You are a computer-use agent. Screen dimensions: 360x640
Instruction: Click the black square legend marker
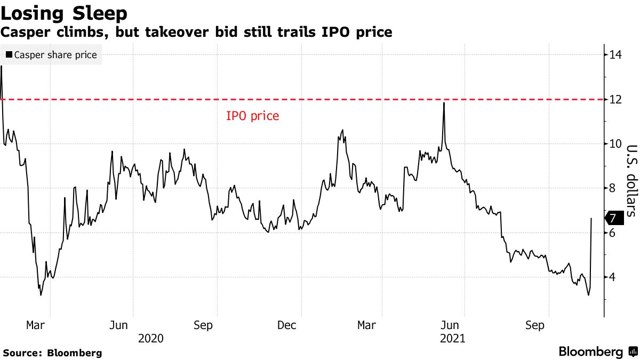coord(9,55)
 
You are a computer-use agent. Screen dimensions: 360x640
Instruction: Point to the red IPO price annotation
coord(252,116)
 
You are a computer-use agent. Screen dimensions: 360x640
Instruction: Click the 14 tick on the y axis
coord(616,54)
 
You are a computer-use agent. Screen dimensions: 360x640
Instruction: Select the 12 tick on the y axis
coord(616,99)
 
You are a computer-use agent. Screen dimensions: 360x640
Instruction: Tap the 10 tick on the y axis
coord(616,143)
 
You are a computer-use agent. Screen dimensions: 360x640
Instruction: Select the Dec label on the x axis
coord(287,325)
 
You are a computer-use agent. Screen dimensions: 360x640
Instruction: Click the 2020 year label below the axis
coord(150,339)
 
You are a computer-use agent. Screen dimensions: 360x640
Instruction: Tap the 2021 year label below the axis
coord(452,339)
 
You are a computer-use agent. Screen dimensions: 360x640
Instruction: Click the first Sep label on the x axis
coord(203,325)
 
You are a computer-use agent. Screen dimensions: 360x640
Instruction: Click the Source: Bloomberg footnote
coord(52,353)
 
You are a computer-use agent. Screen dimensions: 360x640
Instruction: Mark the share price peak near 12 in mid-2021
coord(444,103)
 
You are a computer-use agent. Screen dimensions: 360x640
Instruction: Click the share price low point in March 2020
coord(41,295)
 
